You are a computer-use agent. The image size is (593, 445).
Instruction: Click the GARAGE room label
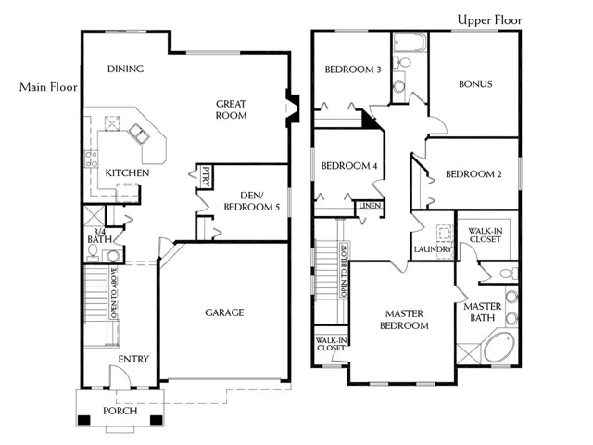click(224, 312)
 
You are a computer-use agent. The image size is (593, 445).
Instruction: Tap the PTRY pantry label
click(206, 177)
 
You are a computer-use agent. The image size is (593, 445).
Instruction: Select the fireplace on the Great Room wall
click(292, 108)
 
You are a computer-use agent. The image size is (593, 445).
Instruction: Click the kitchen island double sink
click(139, 133)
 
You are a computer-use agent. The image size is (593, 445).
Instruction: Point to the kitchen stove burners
click(91, 159)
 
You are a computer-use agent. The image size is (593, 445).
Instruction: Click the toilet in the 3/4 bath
click(93, 253)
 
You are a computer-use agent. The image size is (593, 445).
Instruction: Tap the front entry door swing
click(120, 376)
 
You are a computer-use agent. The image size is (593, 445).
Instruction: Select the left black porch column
click(84, 420)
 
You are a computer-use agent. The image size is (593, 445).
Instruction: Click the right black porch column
click(157, 420)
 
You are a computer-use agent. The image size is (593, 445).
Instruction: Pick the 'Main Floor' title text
click(48, 87)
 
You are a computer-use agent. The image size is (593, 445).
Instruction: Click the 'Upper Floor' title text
click(490, 19)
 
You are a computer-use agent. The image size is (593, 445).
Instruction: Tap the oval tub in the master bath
click(499, 347)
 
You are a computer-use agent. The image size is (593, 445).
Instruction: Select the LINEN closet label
click(370, 206)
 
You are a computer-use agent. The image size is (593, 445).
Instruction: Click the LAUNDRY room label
click(433, 249)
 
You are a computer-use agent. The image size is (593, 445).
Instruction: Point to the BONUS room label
click(475, 84)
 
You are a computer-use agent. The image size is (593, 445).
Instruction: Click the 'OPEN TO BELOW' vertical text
click(344, 270)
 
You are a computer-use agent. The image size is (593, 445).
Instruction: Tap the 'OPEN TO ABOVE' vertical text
click(114, 293)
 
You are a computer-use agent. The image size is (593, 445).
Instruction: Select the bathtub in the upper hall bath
click(410, 43)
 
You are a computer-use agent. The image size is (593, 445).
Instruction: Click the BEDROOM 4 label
click(349, 166)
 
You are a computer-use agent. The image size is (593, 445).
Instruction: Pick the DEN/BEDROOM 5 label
click(252, 201)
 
